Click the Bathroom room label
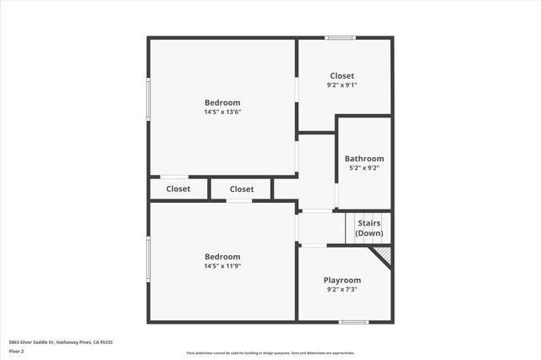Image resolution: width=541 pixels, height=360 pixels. (x=363, y=159)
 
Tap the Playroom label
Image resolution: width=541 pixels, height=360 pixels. (x=342, y=281)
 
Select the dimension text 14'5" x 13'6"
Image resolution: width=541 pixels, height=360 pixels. (x=221, y=112)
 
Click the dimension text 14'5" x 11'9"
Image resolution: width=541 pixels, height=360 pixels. (x=221, y=266)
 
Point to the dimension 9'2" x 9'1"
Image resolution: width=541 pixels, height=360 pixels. (x=342, y=85)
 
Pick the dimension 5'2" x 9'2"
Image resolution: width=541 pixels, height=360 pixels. (x=363, y=168)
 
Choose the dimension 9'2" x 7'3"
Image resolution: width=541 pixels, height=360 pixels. (x=342, y=290)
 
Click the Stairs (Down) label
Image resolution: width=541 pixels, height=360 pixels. (x=369, y=228)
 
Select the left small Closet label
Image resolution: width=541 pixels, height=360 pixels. (x=178, y=189)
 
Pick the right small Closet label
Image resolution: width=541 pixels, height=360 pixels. (x=241, y=189)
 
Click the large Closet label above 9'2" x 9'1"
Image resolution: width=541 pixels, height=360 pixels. (x=342, y=76)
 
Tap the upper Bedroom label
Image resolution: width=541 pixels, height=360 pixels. (x=221, y=103)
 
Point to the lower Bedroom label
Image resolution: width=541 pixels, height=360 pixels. (x=221, y=257)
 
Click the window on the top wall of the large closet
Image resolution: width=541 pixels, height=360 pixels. (x=341, y=37)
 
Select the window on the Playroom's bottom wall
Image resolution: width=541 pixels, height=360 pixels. (x=353, y=321)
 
